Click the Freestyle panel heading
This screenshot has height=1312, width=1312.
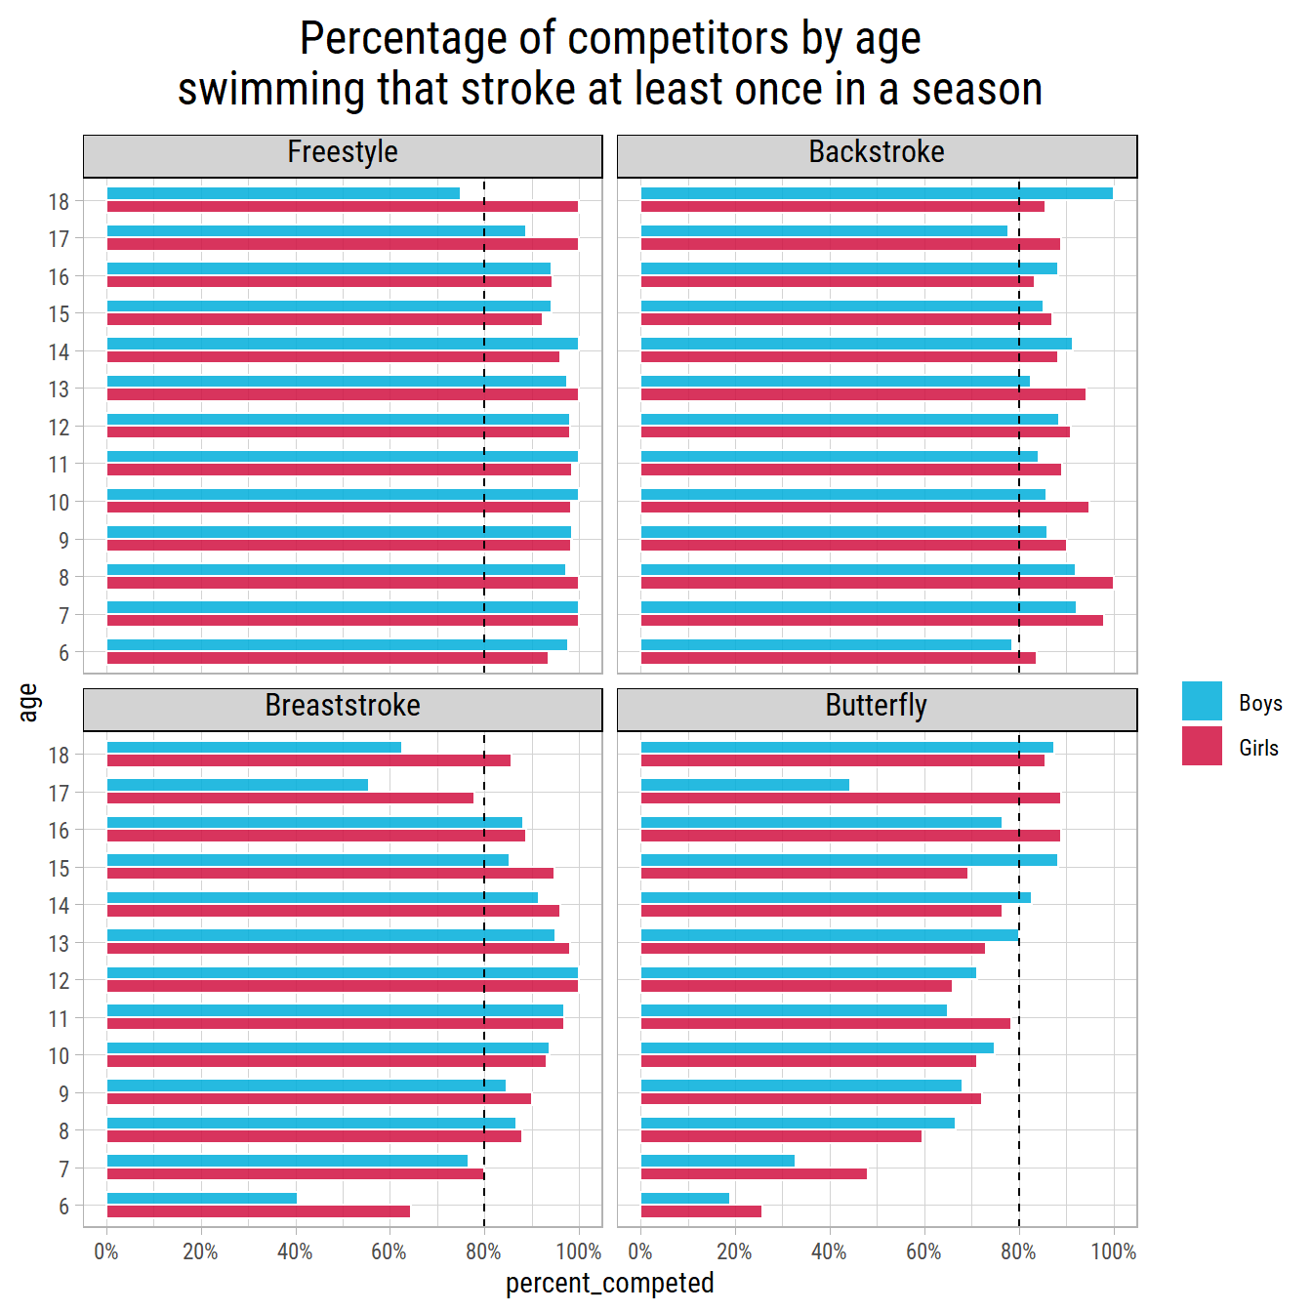tap(343, 153)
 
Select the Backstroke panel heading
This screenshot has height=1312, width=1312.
tap(877, 153)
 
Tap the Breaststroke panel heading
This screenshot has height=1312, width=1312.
tap(343, 707)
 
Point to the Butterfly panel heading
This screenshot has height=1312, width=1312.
tap(877, 707)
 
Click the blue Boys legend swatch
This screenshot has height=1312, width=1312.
tap(1202, 701)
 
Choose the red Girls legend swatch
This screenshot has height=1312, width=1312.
tap(1202, 746)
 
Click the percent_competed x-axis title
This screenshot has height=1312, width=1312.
tap(609, 1283)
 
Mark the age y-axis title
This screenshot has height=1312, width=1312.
tap(28, 703)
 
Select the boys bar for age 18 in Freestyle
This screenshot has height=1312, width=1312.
tap(283, 193)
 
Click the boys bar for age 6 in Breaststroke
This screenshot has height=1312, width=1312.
tap(202, 1199)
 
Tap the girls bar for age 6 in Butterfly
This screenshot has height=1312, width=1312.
tap(701, 1211)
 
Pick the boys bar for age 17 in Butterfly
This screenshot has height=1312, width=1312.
tap(745, 785)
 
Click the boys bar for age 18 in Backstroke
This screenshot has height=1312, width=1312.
tap(877, 193)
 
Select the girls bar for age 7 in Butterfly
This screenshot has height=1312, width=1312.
tap(754, 1173)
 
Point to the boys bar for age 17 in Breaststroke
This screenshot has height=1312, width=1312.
tap(237, 785)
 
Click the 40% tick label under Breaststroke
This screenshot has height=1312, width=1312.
tap(295, 1251)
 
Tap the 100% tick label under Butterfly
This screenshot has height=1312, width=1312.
tap(1113, 1251)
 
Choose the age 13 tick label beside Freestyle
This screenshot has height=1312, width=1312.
tap(60, 389)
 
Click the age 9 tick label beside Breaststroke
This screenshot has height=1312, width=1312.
tap(63, 1094)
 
